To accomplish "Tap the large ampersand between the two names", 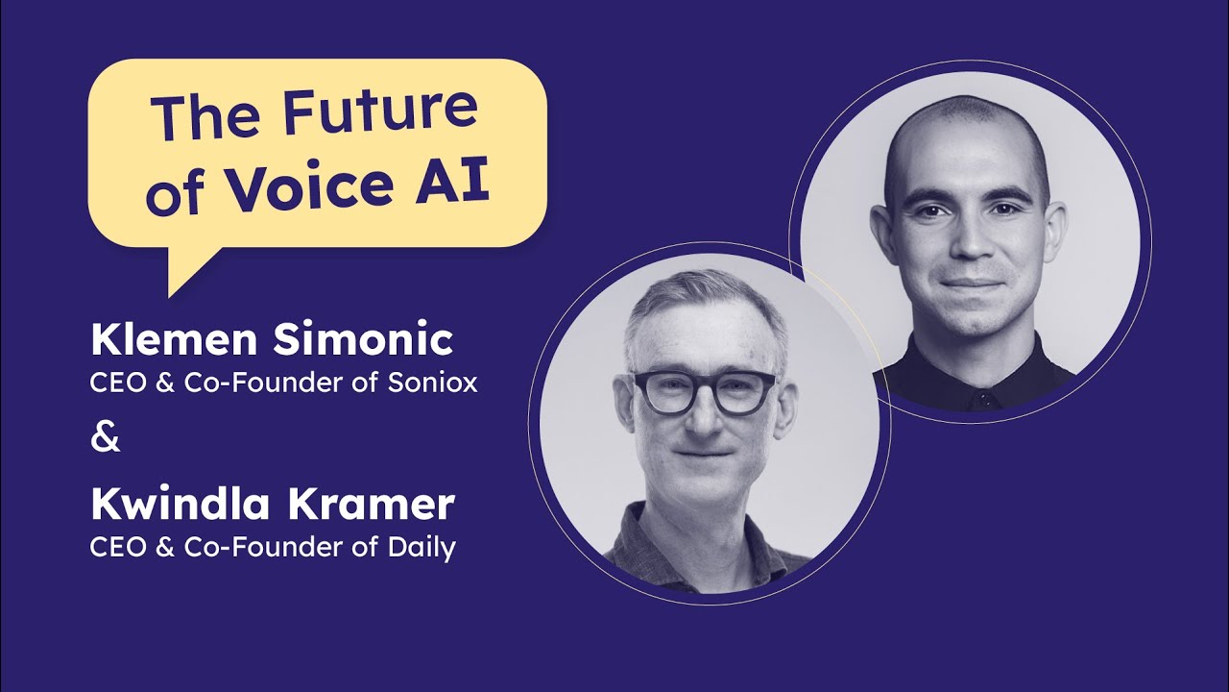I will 106,438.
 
